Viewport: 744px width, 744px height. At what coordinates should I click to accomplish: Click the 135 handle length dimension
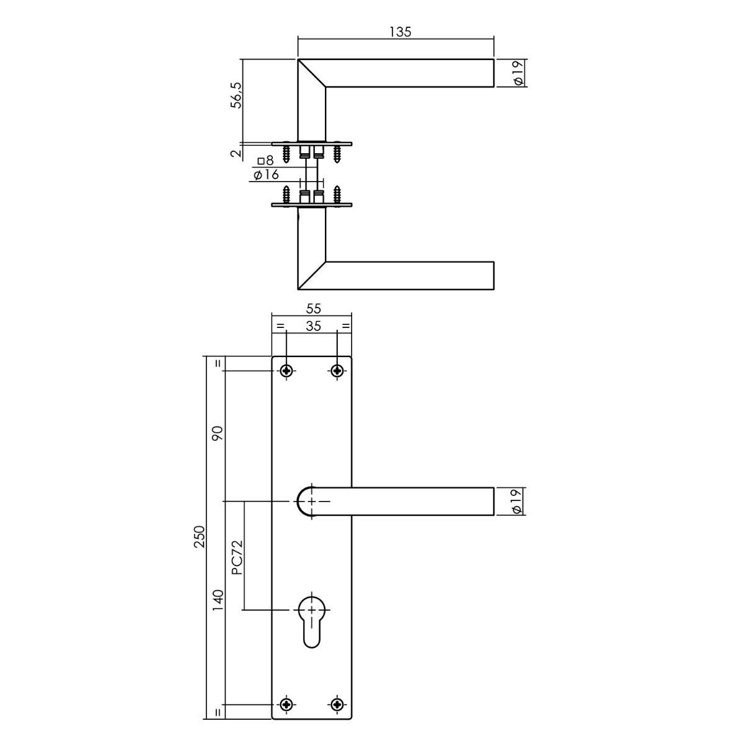point(401,32)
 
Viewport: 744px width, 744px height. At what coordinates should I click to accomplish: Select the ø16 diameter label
point(266,175)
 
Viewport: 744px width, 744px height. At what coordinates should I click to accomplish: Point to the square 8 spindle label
point(265,160)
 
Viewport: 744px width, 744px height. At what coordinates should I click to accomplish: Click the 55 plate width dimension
point(314,309)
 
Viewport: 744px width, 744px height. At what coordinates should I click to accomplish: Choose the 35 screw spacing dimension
point(314,326)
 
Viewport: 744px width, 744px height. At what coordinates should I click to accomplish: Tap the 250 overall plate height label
point(199,536)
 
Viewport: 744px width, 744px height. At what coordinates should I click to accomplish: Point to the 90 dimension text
point(218,433)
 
